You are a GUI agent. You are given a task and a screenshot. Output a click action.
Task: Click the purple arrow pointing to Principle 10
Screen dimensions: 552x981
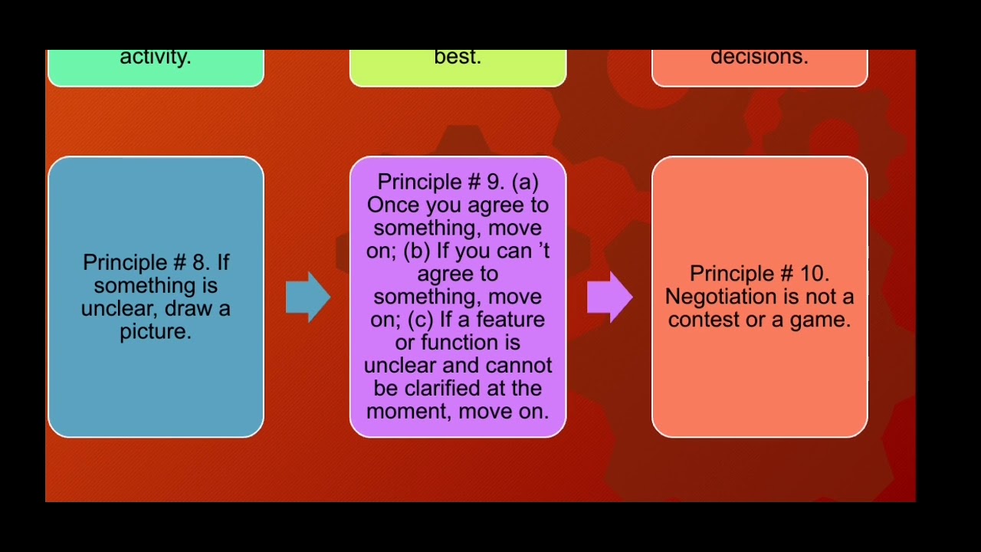tap(610, 297)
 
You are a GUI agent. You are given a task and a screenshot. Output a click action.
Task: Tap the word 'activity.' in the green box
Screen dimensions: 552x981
tap(156, 57)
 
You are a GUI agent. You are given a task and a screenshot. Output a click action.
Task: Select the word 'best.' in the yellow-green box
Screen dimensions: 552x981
tap(458, 57)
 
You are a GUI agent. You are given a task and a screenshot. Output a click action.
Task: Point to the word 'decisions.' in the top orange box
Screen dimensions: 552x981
tap(759, 57)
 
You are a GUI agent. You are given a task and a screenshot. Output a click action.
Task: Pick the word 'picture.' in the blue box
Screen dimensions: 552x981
tap(156, 332)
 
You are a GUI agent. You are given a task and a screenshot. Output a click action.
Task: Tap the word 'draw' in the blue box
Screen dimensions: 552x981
tap(192, 309)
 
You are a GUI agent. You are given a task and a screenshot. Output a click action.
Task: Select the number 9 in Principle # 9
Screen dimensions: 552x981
tap(494, 182)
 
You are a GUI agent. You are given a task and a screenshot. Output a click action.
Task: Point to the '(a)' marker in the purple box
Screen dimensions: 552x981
tap(525, 182)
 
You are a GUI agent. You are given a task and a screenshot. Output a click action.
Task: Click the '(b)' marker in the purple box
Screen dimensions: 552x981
tap(418, 251)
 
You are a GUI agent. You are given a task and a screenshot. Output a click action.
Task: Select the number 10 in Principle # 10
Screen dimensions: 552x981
tap(812, 274)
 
